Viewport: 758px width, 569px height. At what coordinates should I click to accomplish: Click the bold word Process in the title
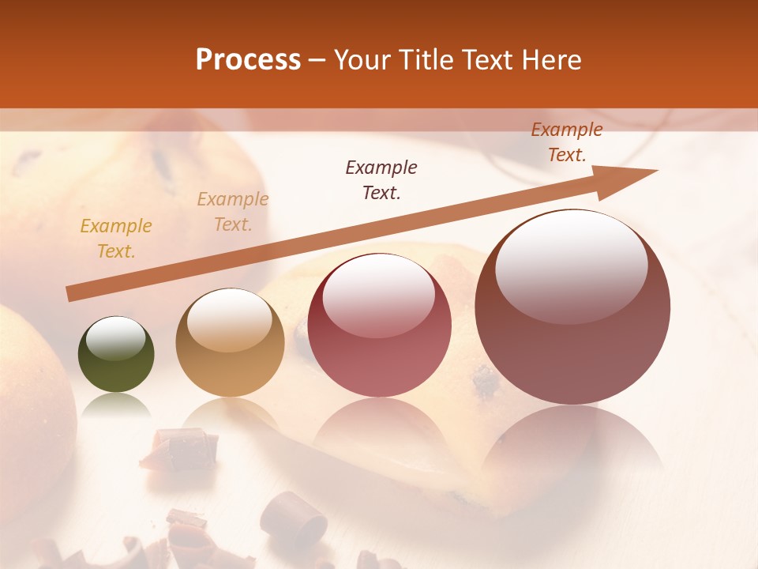(x=248, y=60)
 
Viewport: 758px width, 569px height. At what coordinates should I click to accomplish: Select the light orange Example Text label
(x=233, y=212)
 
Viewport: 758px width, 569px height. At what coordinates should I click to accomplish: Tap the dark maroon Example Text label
(x=381, y=179)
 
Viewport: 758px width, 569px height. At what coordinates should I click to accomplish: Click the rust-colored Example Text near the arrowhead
(x=567, y=142)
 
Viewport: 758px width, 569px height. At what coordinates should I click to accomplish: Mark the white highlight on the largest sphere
(x=571, y=267)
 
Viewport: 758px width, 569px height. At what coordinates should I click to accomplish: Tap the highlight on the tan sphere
(x=229, y=320)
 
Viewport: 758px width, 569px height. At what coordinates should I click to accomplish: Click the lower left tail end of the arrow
(x=71, y=294)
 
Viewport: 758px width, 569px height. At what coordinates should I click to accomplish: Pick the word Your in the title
(x=359, y=60)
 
